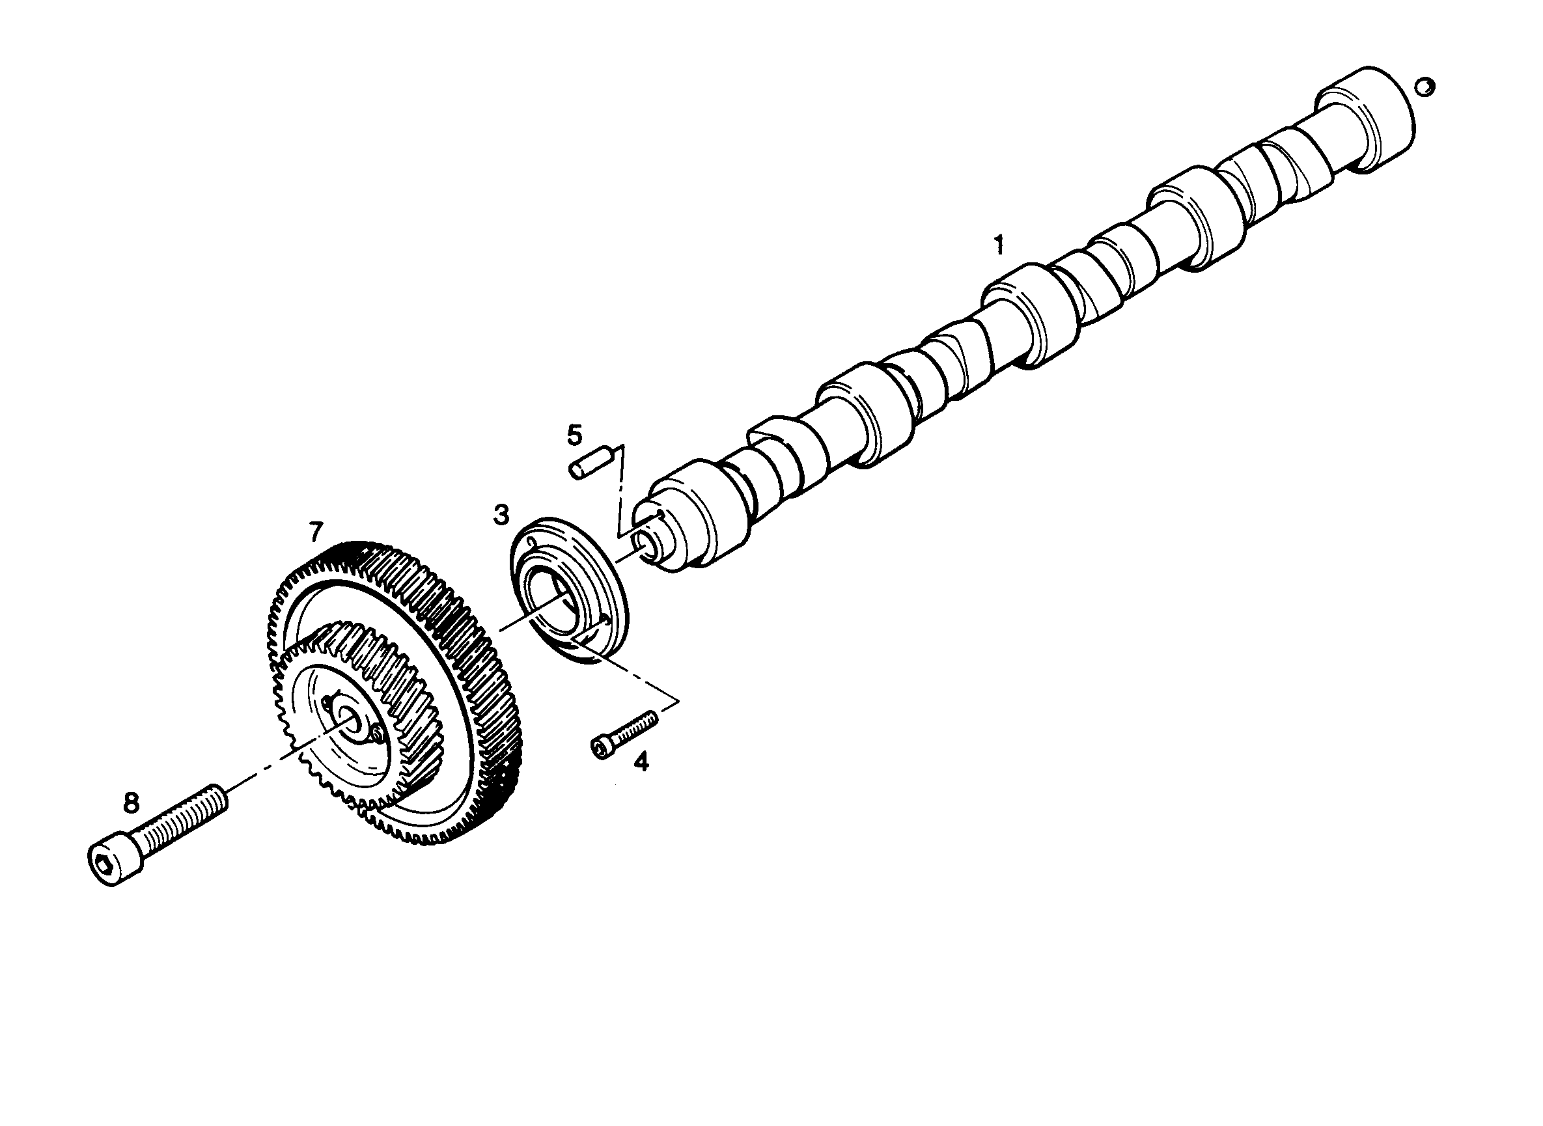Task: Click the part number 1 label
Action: tap(999, 245)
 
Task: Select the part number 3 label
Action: tap(501, 515)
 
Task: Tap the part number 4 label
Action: tap(641, 761)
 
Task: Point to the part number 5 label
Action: tap(575, 433)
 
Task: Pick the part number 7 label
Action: tap(314, 532)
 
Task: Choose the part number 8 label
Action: tap(131, 803)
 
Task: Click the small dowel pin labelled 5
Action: tap(588, 463)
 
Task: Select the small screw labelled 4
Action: tap(624, 733)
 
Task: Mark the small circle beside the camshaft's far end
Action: tap(1425, 87)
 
